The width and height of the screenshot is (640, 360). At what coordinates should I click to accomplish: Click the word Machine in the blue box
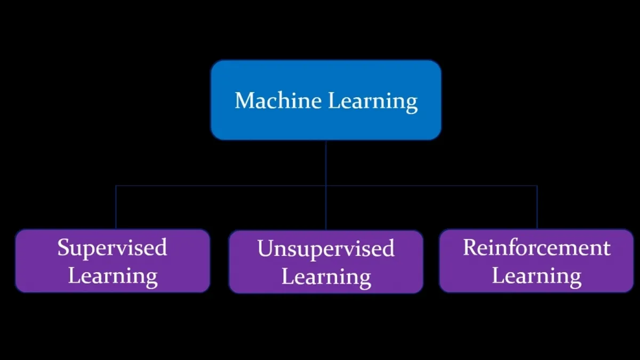278,100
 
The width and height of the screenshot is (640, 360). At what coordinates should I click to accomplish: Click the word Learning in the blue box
372,101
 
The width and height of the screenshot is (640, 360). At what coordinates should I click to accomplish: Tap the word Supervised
112,248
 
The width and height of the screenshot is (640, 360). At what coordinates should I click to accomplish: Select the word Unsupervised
325,249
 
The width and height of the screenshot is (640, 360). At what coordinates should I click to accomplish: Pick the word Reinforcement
536,247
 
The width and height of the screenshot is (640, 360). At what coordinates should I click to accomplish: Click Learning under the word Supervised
113,276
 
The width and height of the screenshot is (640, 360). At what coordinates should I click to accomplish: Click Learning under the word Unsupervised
326,277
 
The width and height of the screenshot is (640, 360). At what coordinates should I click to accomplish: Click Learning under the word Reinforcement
536,276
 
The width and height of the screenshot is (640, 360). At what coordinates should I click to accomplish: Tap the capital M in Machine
243,100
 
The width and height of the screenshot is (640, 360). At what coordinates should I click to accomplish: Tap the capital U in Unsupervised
265,249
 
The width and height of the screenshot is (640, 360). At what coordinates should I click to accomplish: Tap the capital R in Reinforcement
470,247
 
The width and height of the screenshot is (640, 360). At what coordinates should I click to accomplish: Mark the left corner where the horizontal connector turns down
116,186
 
